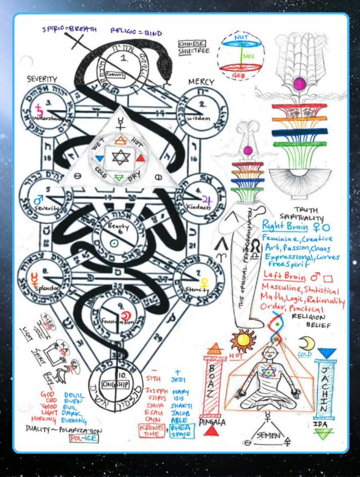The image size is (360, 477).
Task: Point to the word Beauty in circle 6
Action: pos(114,226)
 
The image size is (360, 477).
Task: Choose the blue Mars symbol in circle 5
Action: pos(38,199)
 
